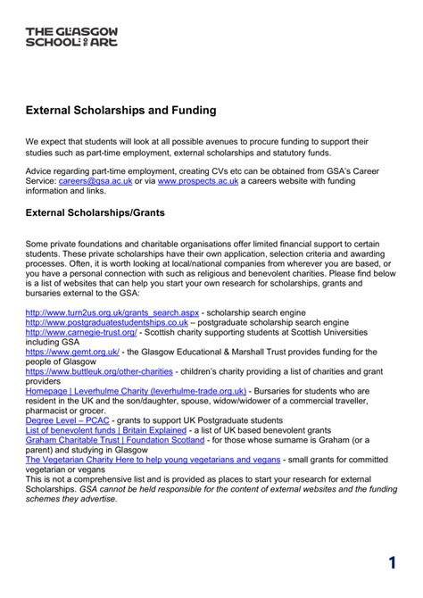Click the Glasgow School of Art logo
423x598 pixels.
pos(71,37)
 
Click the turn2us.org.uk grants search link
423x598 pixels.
pos(112,312)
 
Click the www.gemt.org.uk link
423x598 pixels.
pos(75,352)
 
